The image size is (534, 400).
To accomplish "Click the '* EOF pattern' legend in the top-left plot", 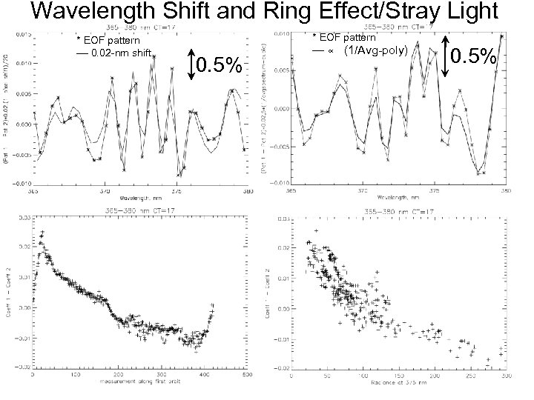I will click(x=109, y=40).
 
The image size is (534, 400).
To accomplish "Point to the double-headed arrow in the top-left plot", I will click(x=191, y=65).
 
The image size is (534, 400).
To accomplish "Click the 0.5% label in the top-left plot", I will click(x=220, y=67).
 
